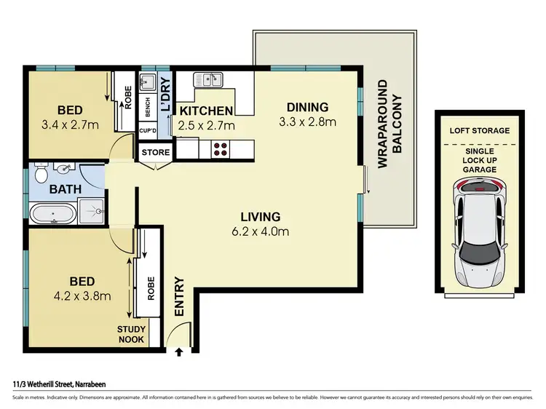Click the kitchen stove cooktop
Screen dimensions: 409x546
(221, 149)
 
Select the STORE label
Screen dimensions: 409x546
(155, 153)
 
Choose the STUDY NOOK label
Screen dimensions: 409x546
(132, 334)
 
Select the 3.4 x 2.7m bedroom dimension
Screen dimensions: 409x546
(69, 124)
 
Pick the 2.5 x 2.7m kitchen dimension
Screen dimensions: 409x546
(207, 125)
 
